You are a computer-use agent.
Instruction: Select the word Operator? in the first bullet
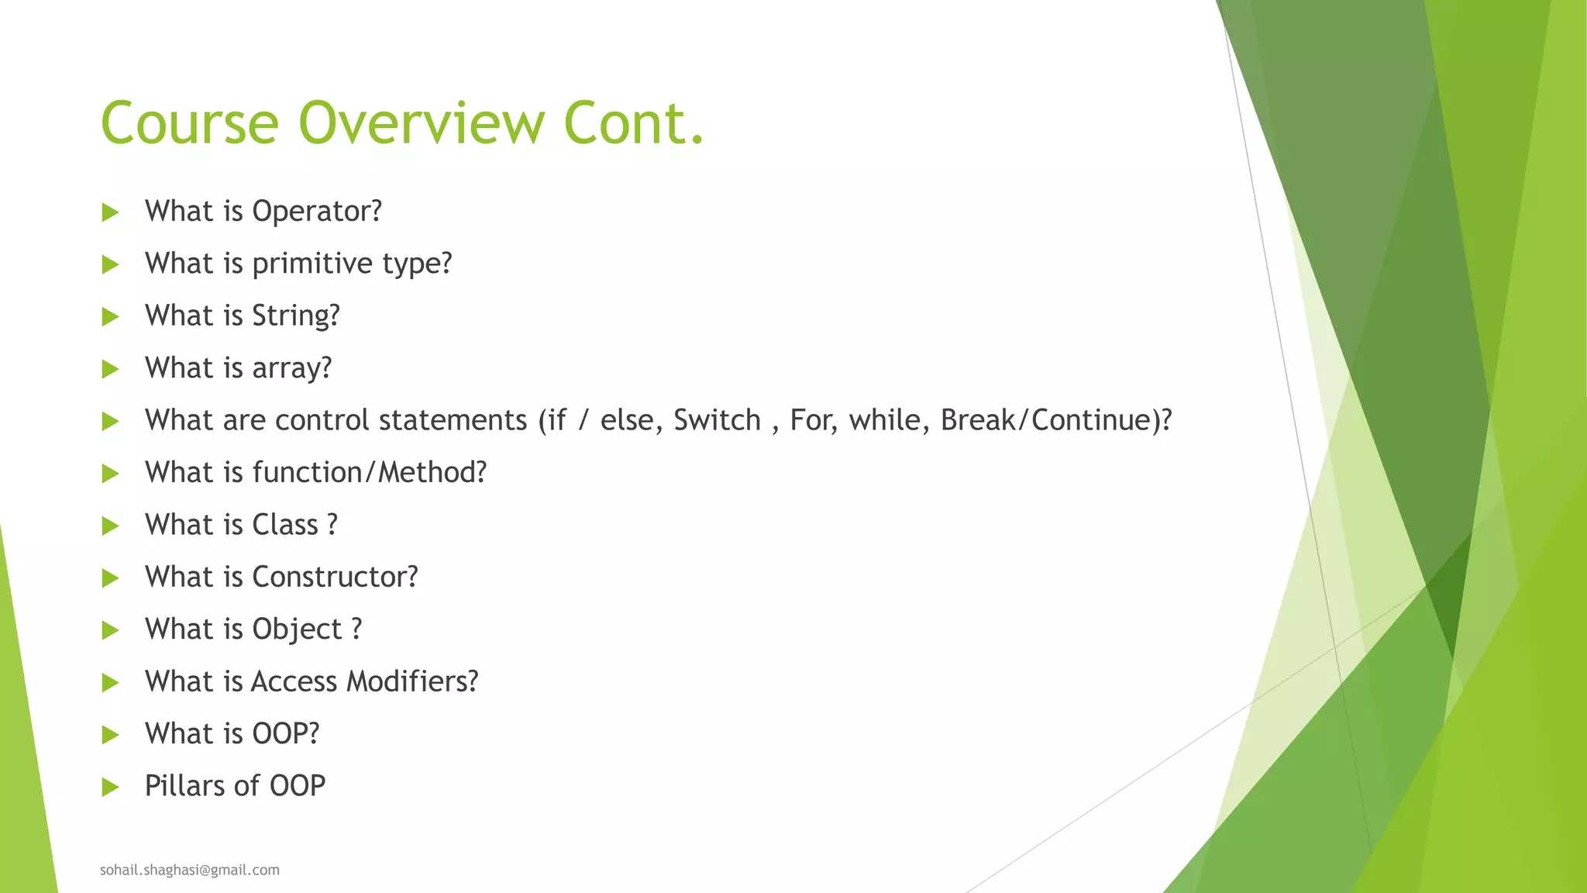click(317, 212)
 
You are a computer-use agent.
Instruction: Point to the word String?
click(296, 316)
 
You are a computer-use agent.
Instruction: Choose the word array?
click(292, 368)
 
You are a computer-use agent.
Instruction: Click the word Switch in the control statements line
click(717, 420)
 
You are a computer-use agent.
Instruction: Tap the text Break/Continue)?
click(1055, 420)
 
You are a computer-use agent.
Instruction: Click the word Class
click(285, 525)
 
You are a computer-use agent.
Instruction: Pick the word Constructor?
click(335, 577)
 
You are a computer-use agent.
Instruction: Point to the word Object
click(297, 629)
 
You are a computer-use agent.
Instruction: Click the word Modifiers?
click(412, 681)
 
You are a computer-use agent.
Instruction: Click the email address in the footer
click(190, 870)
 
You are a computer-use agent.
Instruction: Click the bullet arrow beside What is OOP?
click(110, 735)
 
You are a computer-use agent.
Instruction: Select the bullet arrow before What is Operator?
click(110, 212)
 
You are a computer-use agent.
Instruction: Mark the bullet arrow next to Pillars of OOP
click(110, 788)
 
